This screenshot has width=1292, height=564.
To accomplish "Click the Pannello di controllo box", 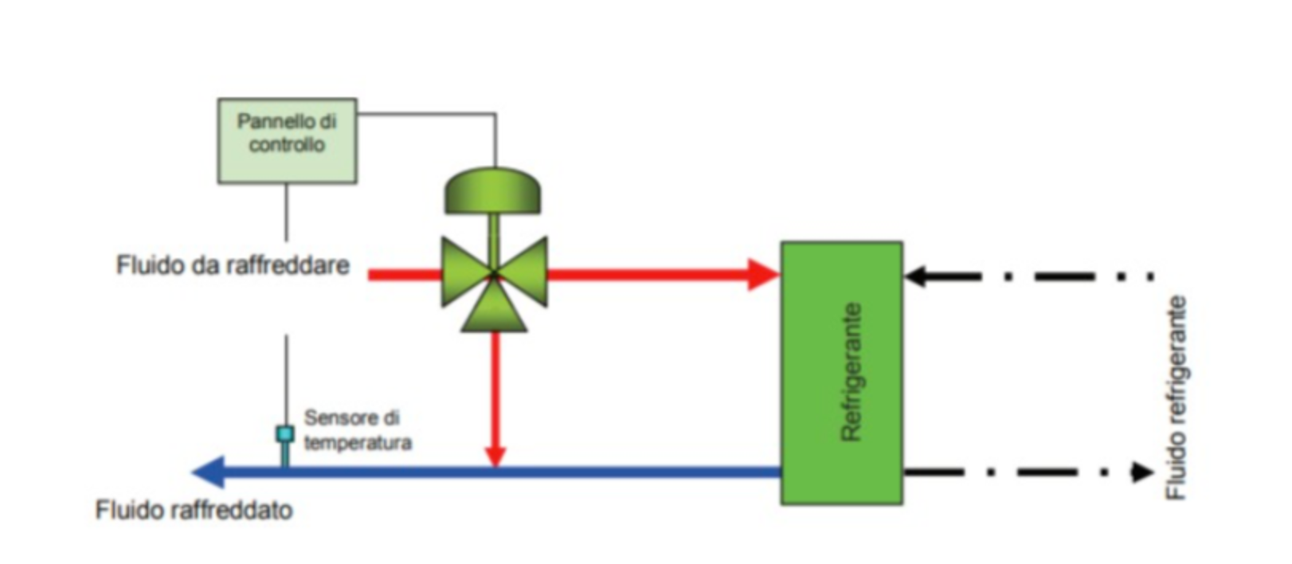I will pyautogui.click(x=287, y=141).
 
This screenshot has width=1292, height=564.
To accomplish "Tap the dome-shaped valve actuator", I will pyautogui.click(x=492, y=191).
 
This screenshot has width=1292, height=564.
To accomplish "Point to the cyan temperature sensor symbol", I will pyautogui.click(x=284, y=435).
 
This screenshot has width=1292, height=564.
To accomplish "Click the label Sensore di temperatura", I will pyautogui.click(x=358, y=430).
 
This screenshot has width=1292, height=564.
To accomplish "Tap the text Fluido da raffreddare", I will pyautogui.click(x=233, y=265).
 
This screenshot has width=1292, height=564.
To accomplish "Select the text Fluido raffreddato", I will pyautogui.click(x=194, y=510).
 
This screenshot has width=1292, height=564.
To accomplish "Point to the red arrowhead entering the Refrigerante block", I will pyautogui.click(x=762, y=275).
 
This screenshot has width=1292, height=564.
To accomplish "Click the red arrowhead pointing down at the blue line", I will pyautogui.click(x=495, y=455).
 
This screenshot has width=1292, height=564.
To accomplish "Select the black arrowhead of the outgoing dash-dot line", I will pyautogui.click(x=1142, y=472).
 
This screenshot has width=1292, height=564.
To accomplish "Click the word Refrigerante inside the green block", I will pyautogui.click(x=852, y=371).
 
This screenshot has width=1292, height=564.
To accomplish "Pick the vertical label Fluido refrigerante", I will pyautogui.click(x=1177, y=398).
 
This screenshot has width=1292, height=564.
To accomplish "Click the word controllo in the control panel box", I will pyautogui.click(x=287, y=145).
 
